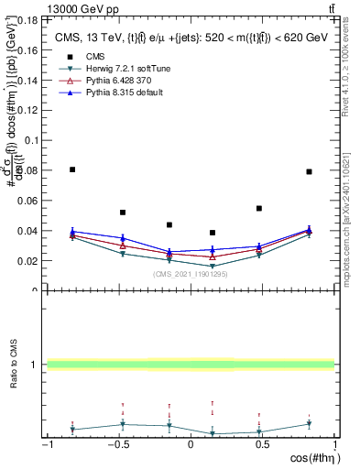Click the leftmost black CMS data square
tap(72, 169)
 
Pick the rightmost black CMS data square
tap(310, 171)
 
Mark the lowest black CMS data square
tap(213, 233)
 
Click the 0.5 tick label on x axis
tap(260, 445)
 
